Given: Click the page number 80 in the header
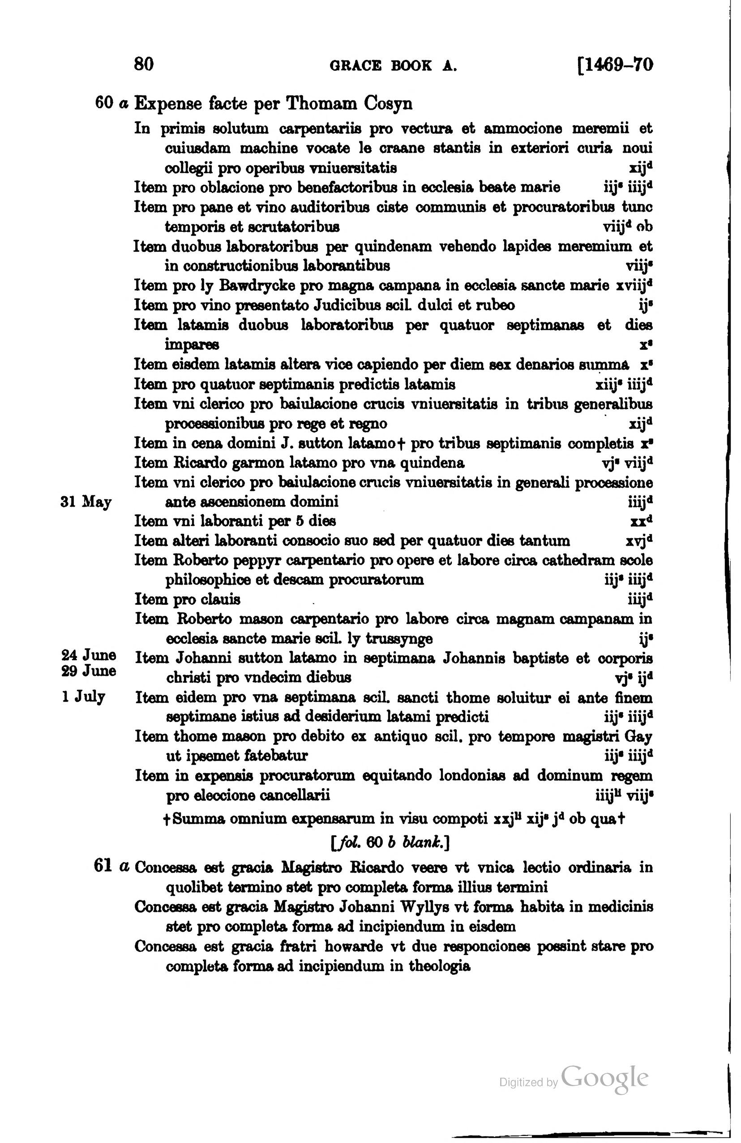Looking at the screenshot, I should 144,64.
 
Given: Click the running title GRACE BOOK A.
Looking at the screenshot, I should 393,65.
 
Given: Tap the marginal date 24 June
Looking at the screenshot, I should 89,655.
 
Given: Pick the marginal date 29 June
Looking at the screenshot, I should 89,671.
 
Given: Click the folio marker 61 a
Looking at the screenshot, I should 111,867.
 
